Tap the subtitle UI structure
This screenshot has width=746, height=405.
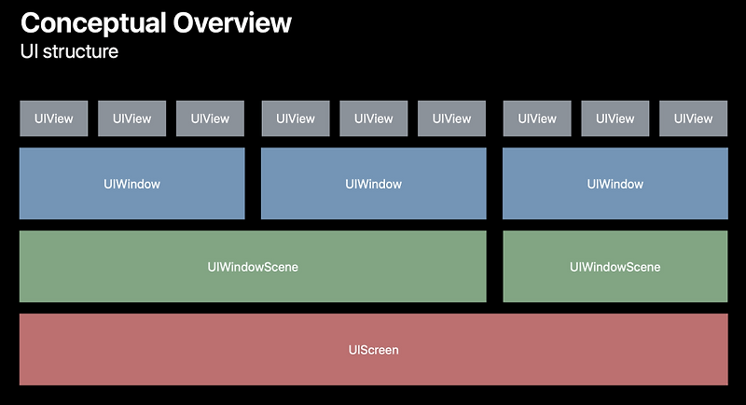[69, 51]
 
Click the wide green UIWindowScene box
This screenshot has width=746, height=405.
[253, 267]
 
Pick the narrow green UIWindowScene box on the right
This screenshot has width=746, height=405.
[615, 267]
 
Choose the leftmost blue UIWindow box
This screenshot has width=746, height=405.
[131, 184]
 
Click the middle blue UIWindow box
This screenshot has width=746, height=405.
[373, 184]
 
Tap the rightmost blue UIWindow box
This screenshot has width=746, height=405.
[615, 184]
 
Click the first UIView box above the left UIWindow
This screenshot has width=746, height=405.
[53, 119]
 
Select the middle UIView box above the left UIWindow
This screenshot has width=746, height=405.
[131, 119]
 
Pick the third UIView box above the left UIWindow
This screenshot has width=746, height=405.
[210, 119]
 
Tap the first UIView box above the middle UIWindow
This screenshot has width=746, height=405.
[295, 119]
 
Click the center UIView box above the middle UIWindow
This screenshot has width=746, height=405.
[373, 119]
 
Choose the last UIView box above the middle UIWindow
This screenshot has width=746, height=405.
[451, 119]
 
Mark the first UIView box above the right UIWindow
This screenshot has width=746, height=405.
[536, 119]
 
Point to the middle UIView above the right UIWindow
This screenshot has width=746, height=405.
[615, 119]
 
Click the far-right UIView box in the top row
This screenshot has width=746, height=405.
[693, 119]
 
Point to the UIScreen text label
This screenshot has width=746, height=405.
[373, 350]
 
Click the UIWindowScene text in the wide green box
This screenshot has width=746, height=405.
[253, 267]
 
